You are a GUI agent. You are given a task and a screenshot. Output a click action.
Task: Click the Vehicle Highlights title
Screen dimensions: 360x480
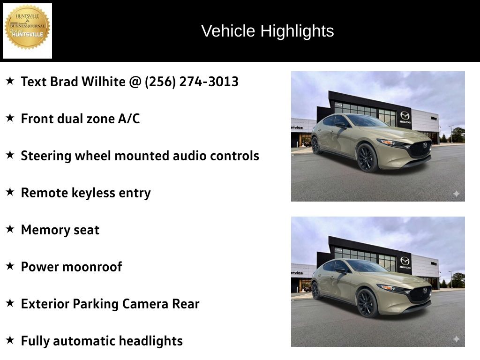267,31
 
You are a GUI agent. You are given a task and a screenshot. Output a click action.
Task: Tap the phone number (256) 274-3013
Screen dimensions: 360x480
192,82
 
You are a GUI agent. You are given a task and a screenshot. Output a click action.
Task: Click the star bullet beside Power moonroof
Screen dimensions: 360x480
10,266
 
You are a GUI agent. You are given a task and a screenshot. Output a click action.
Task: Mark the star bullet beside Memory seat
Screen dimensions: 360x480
10,229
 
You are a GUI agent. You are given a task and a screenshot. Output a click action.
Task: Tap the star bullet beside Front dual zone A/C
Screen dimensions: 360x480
10,118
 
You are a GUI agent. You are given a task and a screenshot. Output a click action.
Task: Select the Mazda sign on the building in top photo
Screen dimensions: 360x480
405,117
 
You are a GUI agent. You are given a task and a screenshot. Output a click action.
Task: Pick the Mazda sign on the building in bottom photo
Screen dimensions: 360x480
405,262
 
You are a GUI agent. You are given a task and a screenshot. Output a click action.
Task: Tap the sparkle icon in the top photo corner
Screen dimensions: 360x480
456,194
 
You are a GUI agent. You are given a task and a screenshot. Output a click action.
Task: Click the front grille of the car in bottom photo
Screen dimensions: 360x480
420,294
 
